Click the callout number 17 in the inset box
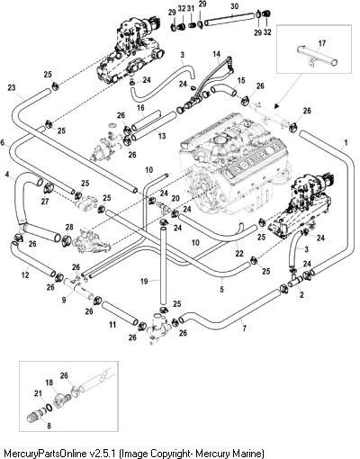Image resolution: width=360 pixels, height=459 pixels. click(x=321, y=43)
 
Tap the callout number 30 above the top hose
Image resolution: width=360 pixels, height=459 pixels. click(x=235, y=6)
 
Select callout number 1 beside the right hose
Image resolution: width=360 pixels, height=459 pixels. click(x=346, y=142)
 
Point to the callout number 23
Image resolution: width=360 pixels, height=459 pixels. click(x=12, y=87)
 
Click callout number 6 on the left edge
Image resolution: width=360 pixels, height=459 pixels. click(x=3, y=142)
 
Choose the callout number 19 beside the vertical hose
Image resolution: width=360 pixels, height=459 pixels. click(x=144, y=282)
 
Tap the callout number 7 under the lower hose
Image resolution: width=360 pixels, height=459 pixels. click(x=244, y=328)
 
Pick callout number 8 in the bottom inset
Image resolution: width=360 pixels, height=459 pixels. click(x=49, y=426)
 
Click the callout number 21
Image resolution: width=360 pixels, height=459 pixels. click(x=38, y=393)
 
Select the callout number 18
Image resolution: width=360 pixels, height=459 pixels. click(x=49, y=382)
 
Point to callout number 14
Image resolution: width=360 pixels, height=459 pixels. click(x=216, y=54)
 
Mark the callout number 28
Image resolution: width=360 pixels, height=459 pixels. click(x=69, y=227)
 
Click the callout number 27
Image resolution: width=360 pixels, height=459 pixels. click(x=45, y=202)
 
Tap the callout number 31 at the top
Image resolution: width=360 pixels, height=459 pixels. click(x=191, y=9)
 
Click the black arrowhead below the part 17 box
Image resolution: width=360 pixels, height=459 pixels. click(x=276, y=105)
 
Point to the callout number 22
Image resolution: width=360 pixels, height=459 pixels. click(x=239, y=254)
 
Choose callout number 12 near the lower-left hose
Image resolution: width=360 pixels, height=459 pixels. click(x=25, y=274)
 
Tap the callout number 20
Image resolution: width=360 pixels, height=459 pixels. click(x=175, y=198)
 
